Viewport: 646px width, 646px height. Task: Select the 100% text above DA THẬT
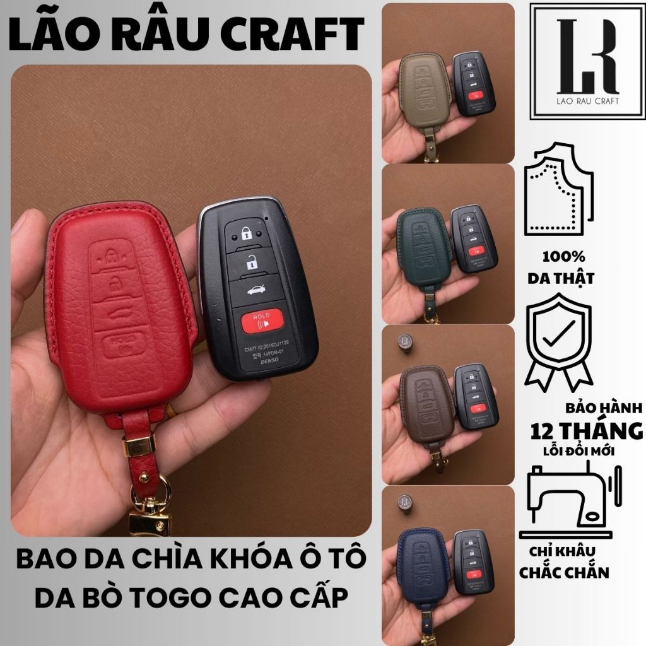(x=563, y=257)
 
